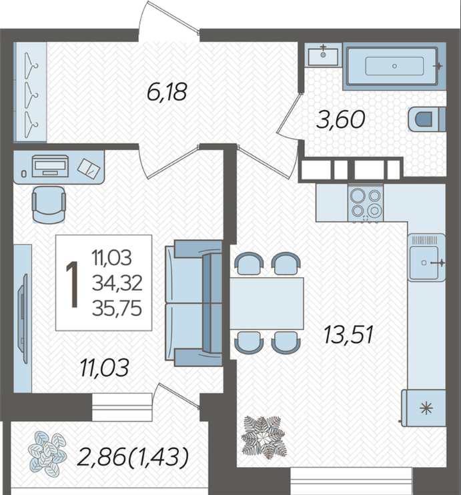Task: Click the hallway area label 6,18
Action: [167, 92]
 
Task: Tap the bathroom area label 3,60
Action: [341, 120]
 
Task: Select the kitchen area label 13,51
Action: [349, 334]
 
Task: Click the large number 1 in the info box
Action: [73, 284]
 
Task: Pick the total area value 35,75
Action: [117, 308]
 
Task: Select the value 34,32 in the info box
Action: [117, 283]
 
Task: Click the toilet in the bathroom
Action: [427, 119]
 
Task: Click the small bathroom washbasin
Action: [323, 55]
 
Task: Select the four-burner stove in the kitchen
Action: [366, 203]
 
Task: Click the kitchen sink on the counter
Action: [426, 258]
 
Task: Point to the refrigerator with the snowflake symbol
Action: [424, 408]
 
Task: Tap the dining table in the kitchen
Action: [267, 303]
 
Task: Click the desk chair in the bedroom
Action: [49, 205]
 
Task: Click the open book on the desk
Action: [89, 168]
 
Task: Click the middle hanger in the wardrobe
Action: [31, 95]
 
